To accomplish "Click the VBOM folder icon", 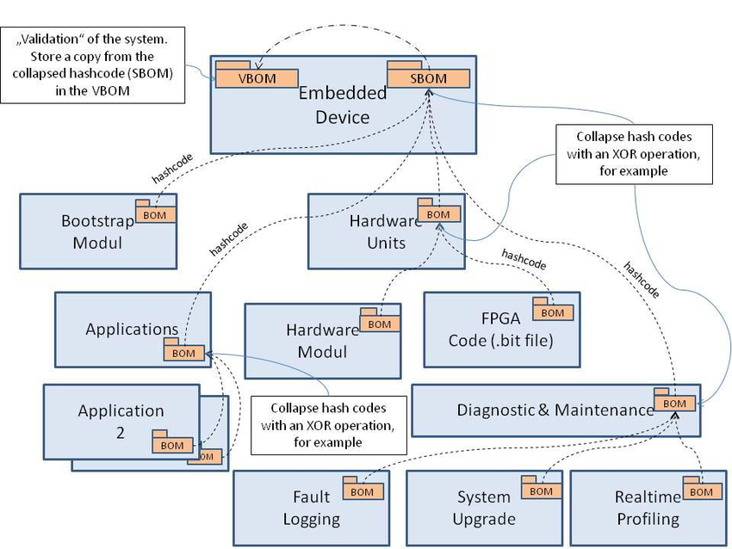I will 256,77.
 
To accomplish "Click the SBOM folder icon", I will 428,77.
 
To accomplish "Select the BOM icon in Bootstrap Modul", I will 156,213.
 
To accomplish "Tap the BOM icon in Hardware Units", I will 437,213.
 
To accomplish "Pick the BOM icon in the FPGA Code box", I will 552,312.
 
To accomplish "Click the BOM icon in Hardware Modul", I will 379,324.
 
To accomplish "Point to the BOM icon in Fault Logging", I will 362,490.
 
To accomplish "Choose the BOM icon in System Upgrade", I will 540,490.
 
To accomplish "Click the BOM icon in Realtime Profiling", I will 701,490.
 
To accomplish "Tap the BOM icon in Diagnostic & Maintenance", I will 674,402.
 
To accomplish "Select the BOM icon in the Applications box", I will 183,352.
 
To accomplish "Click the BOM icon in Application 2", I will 172,444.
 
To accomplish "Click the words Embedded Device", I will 342,105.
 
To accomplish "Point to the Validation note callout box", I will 93,65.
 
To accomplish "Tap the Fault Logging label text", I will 311,508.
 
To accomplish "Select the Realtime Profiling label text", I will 646,508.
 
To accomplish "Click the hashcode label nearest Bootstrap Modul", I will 172,169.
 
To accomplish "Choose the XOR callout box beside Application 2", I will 328,424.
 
